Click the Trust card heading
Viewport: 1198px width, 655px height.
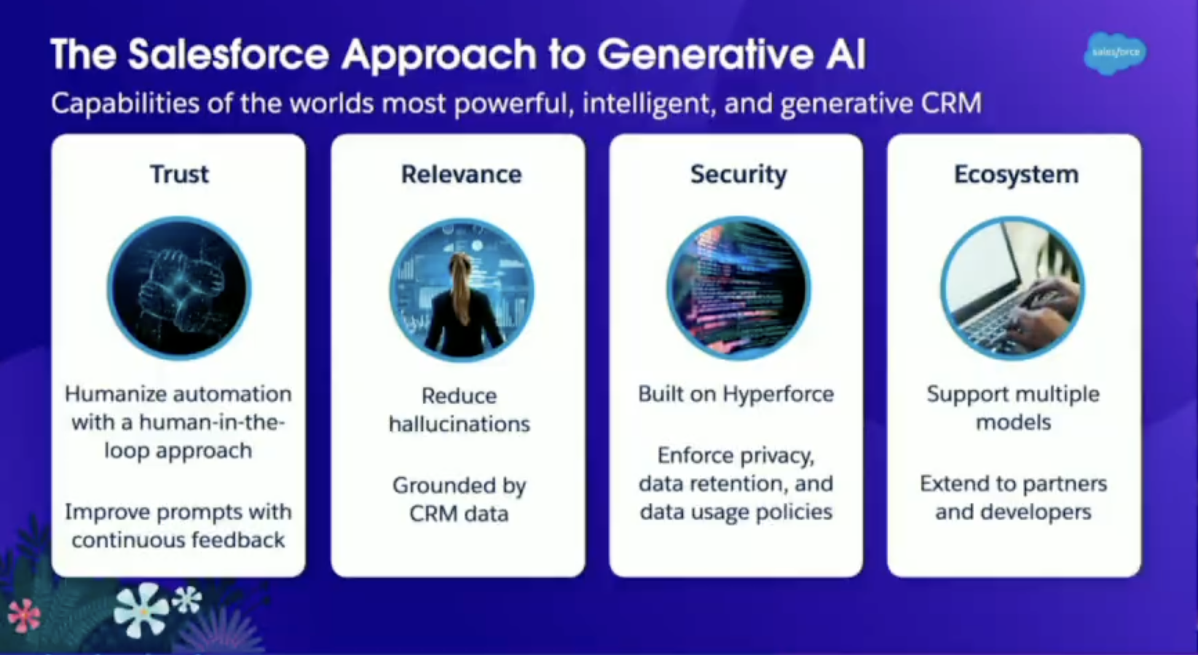tap(179, 175)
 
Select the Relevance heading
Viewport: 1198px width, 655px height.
tap(461, 175)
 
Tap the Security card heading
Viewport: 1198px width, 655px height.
tap(738, 175)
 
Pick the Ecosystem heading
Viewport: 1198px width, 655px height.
tap(1015, 175)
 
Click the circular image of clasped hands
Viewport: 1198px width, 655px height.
tap(179, 288)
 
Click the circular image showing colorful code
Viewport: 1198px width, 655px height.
tap(738, 288)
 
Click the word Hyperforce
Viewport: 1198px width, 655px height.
tap(778, 394)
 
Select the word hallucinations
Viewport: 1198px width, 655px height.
tap(459, 424)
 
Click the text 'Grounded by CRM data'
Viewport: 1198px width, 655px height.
tap(459, 499)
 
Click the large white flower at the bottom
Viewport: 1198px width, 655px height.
tap(141, 610)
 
